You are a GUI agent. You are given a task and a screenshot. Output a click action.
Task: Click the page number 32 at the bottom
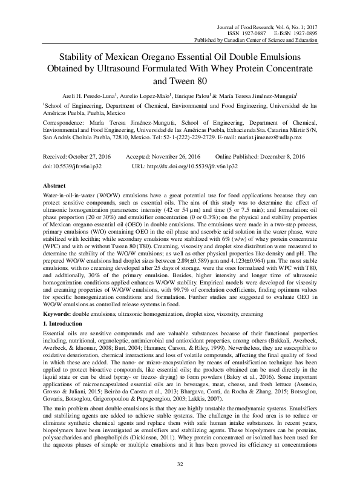180,465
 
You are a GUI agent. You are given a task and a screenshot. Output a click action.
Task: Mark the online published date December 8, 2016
286,156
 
